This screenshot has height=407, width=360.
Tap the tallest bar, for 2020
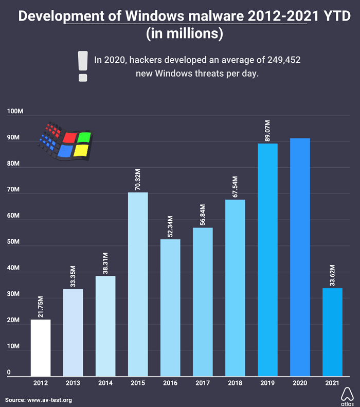[300, 257]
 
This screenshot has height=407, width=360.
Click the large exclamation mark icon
[82, 66]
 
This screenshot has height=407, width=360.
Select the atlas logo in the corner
[347, 395]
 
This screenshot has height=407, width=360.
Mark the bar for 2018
[235, 288]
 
